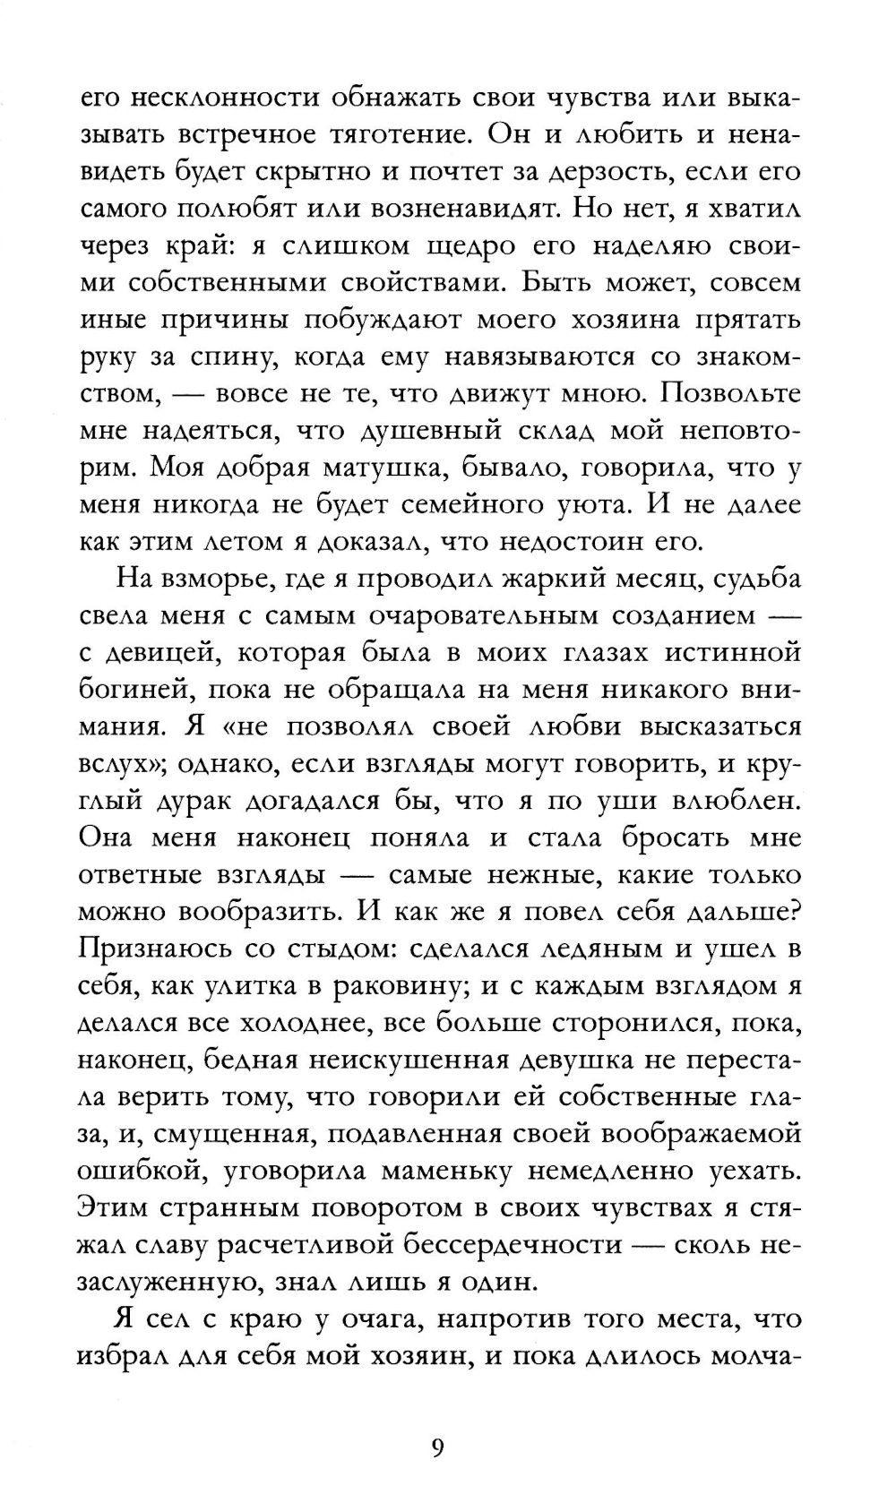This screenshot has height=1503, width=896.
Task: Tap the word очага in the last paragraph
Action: pyautogui.click(x=368, y=1319)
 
